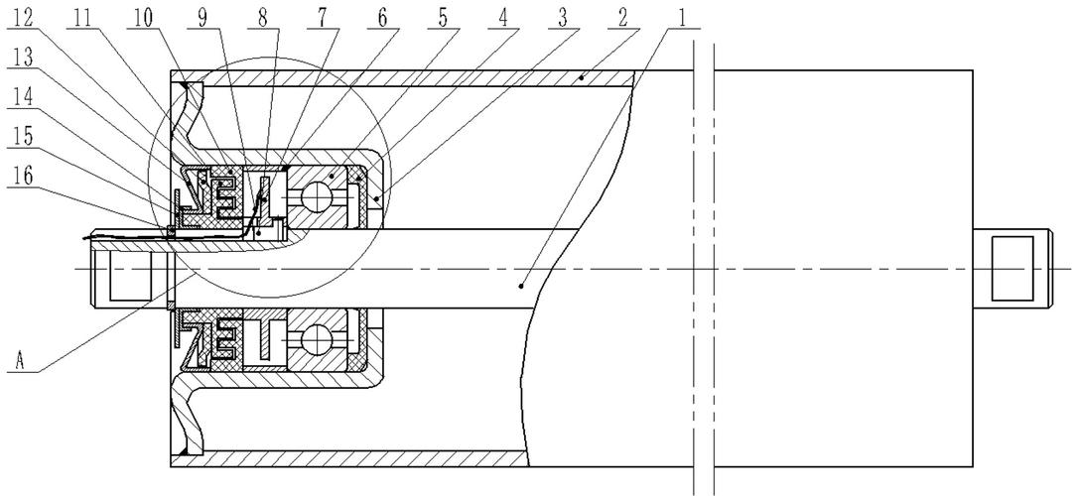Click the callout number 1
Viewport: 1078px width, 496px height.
(682, 18)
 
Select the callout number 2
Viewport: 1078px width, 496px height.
(622, 18)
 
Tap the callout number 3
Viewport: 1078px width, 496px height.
(563, 18)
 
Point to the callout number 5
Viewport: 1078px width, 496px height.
(443, 18)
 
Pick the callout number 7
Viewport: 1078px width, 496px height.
(322, 18)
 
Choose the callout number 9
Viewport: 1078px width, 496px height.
(202, 18)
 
